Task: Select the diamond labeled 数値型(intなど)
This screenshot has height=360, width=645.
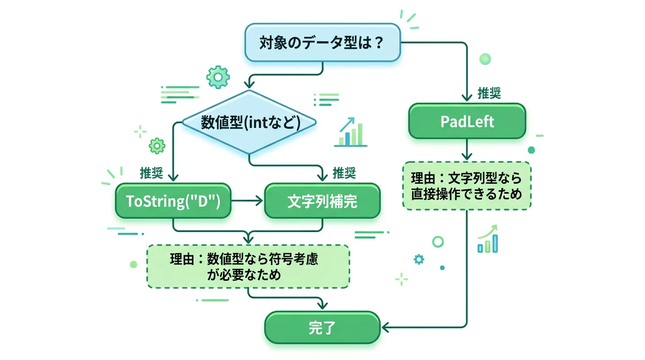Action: (249, 123)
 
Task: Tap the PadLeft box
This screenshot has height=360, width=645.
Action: (467, 121)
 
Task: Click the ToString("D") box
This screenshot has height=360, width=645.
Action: (173, 201)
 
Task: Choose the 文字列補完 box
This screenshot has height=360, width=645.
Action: (322, 201)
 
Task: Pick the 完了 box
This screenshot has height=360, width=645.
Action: (322, 327)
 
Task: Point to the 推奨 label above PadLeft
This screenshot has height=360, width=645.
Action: (489, 93)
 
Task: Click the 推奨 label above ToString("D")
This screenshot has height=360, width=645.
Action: (151, 173)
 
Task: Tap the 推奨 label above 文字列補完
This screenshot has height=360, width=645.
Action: (344, 173)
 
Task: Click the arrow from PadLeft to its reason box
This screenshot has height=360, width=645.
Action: (467, 150)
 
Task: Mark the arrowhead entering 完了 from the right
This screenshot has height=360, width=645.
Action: (385, 327)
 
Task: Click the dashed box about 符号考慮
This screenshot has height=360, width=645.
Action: (248, 266)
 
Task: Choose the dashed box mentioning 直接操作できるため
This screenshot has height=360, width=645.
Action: (467, 186)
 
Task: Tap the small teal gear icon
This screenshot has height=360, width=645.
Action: (419, 259)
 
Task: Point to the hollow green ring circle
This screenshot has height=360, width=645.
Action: (438, 242)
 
